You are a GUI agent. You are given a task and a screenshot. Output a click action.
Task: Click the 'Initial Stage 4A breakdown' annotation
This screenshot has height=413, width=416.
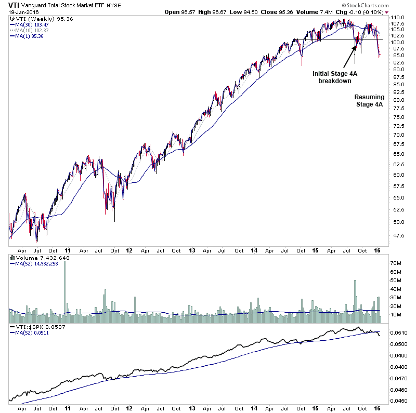click(x=335, y=77)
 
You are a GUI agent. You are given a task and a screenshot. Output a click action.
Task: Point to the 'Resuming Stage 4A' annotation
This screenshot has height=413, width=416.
click(x=369, y=100)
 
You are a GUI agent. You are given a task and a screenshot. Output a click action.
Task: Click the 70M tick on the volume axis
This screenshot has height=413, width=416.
click(x=397, y=264)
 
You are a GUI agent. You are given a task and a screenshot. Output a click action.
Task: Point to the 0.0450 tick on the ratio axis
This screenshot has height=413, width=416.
click(x=398, y=401)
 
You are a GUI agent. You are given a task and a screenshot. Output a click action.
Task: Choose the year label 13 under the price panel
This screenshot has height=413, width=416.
click(x=192, y=250)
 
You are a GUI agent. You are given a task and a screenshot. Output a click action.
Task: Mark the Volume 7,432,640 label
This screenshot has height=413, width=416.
click(x=38, y=258)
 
